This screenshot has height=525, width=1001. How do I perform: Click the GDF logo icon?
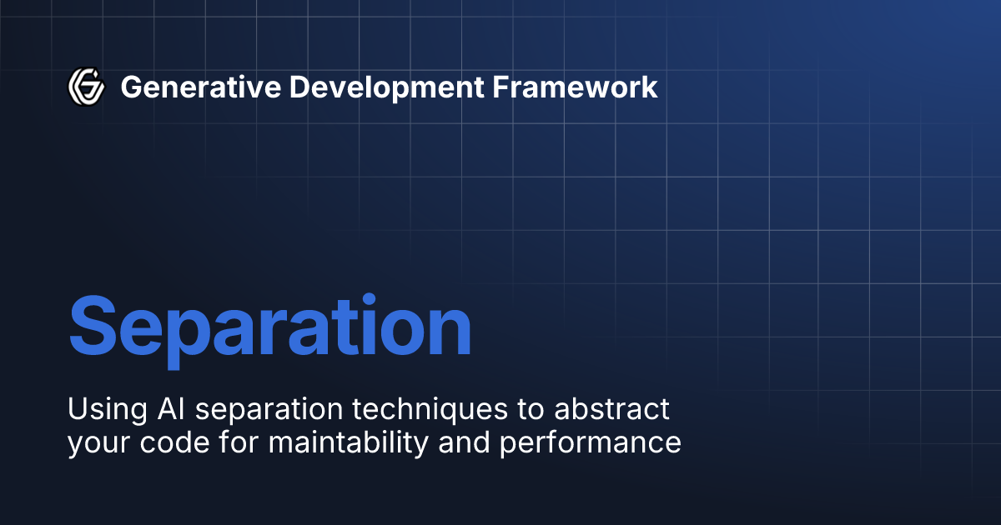pos(85,86)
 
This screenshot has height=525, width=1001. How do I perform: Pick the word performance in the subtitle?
pos(590,442)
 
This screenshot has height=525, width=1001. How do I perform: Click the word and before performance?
pos(467,442)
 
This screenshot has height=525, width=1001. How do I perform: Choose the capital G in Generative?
pos(131,87)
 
